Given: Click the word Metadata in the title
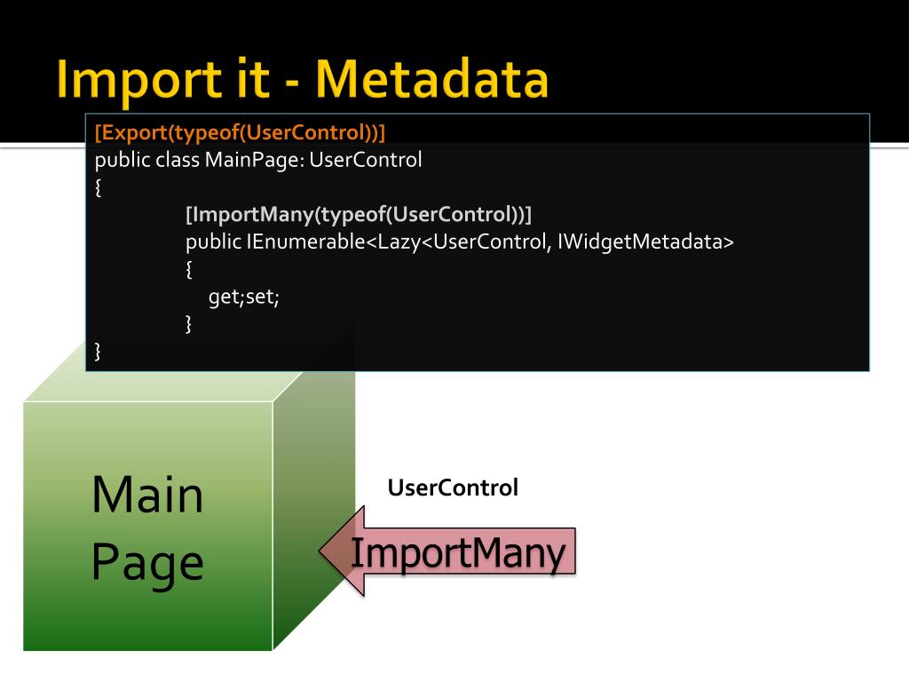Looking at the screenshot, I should tap(431, 79).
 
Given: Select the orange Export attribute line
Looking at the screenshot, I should tap(241, 133).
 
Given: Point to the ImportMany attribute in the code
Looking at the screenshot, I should tap(358, 214).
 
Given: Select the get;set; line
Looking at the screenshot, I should tap(244, 297).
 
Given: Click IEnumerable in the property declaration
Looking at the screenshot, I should tap(305, 242).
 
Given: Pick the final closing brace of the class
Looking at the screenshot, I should tap(98, 352).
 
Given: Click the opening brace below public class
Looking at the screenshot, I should tap(98, 187).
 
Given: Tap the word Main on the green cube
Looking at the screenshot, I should tap(147, 495).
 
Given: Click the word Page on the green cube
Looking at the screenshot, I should tap(147, 563).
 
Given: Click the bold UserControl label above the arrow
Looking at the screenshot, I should tap(453, 488).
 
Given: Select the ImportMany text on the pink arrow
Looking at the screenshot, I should tap(458, 553).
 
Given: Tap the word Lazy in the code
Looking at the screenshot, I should tap(399, 242).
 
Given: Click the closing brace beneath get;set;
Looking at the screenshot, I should tap(188, 324).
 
